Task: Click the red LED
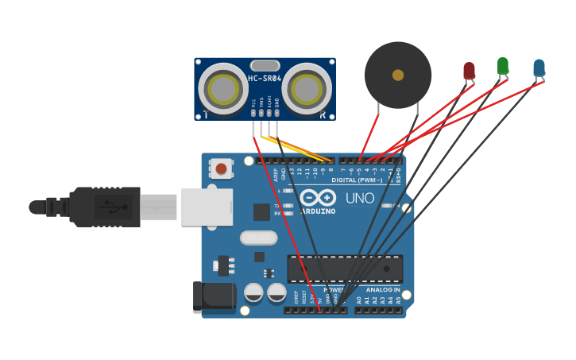click(469, 71)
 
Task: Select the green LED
click(503, 65)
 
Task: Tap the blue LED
click(539, 68)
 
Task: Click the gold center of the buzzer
click(398, 75)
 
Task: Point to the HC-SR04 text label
click(265, 79)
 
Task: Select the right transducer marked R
click(307, 88)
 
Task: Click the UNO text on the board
click(360, 197)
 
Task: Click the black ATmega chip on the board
click(345, 269)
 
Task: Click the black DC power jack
click(214, 297)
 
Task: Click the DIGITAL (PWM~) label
click(357, 180)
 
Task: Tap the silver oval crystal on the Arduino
click(258, 238)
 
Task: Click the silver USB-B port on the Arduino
click(207, 207)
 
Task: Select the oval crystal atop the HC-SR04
click(265, 65)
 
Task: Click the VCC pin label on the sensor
click(254, 103)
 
